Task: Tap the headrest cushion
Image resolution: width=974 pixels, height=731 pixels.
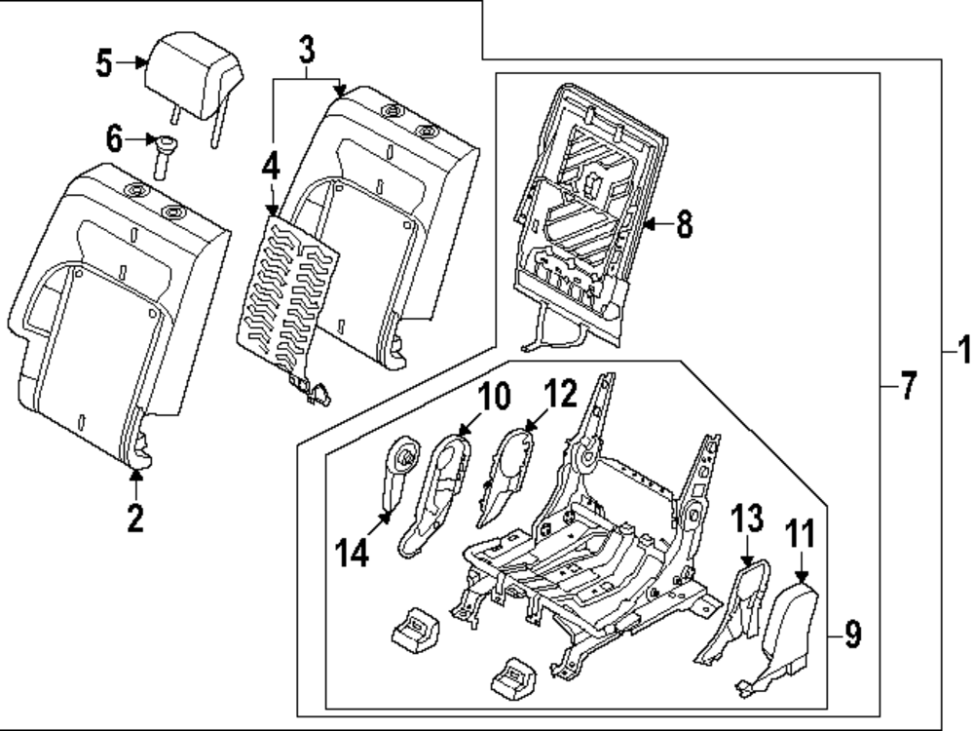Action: (x=197, y=67)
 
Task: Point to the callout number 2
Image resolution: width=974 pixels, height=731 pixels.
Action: (x=135, y=518)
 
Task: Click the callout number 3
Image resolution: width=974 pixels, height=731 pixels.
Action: (x=307, y=46)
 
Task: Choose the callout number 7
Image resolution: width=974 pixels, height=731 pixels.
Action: (x=907, y=387)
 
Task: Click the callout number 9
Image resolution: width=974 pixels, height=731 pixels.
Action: (x=852, y=636)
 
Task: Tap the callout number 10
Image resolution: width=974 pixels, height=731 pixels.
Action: (x=494, y=397)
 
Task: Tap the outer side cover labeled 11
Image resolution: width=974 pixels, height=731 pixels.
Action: (x=787, y=634)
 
